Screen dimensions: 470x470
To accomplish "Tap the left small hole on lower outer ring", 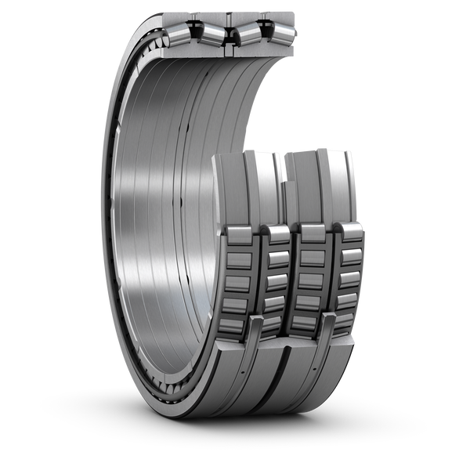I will [249, 368].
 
